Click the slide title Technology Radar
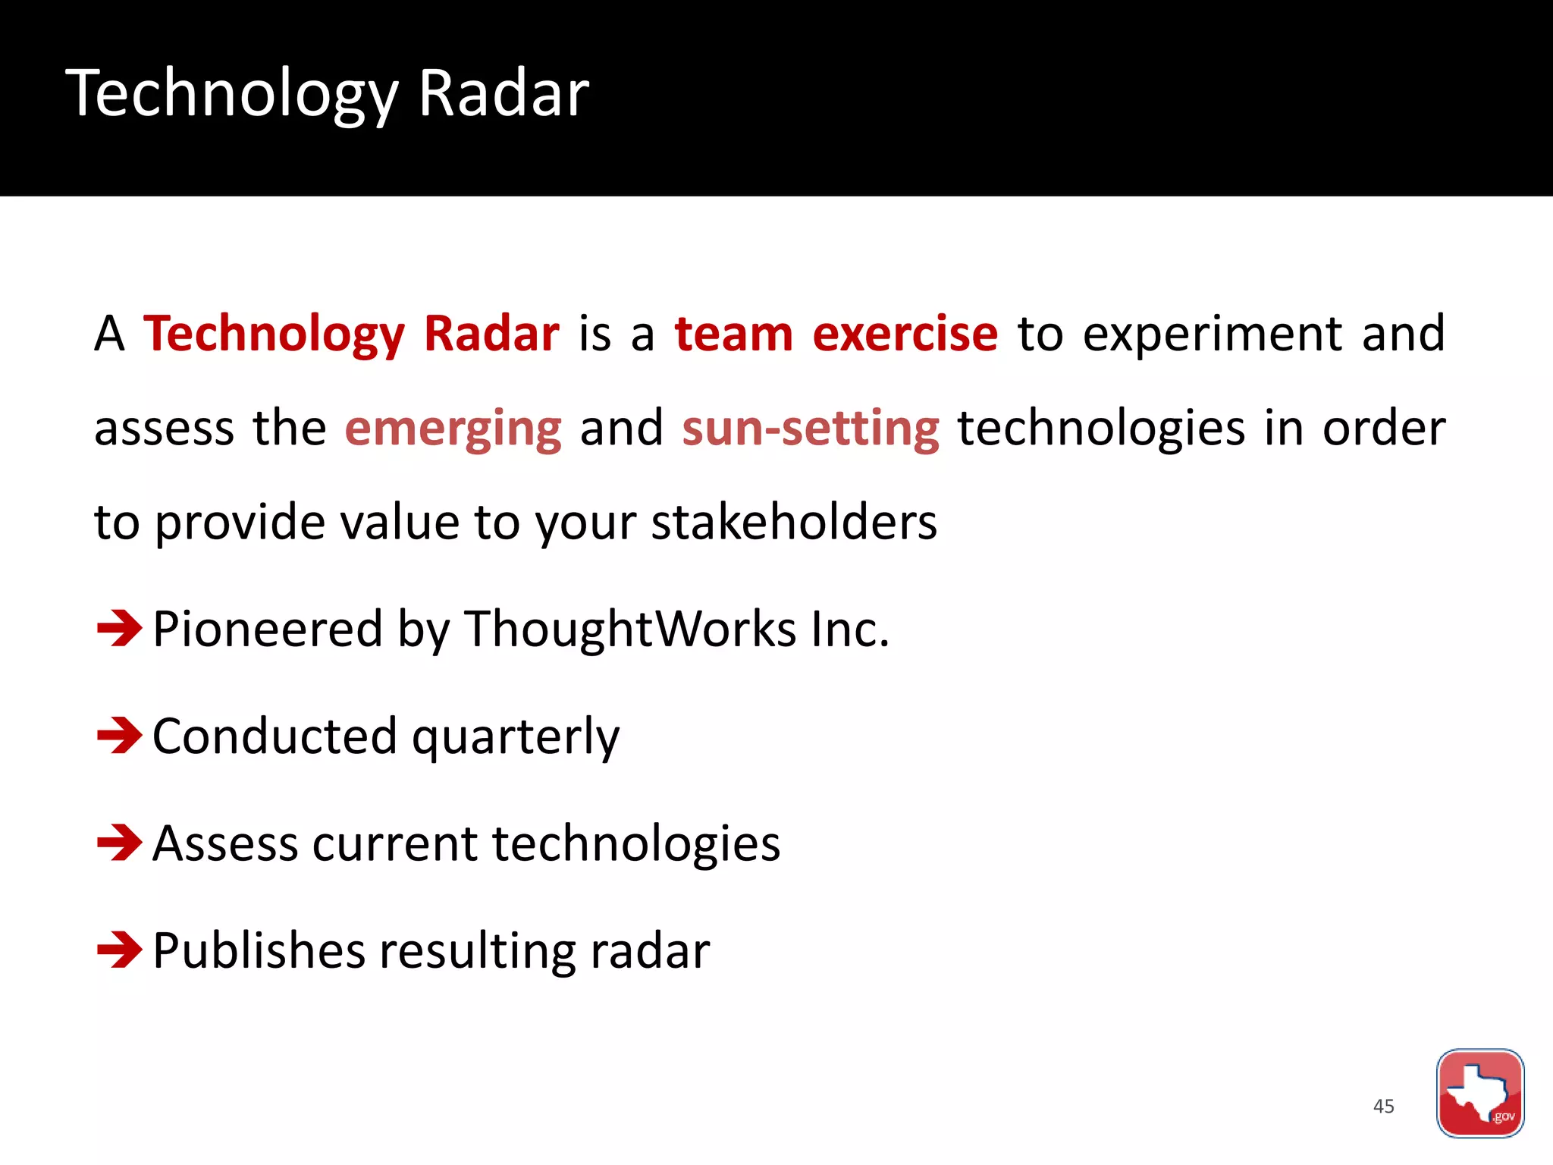327,94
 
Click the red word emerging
453,429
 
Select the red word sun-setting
810,429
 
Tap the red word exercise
905,334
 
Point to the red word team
733,334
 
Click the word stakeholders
794,523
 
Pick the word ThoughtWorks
630,630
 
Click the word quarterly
515,738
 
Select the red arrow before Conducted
119,735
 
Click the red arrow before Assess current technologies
119,843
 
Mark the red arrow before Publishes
119,950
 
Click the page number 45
1383,1107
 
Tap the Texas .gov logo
1479,1093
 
